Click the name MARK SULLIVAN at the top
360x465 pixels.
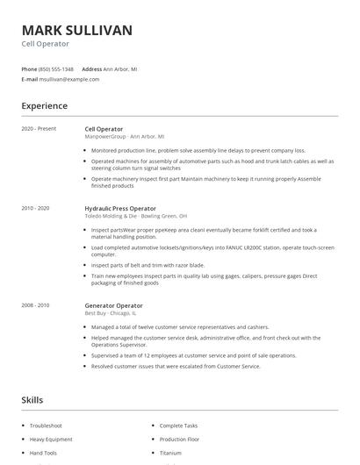(x=77, y=30)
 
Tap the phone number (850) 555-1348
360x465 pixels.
(x=56, y=68)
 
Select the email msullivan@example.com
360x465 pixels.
(x=69, y=79)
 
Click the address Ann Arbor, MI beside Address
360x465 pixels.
(x=120, y=68)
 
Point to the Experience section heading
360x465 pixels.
(x=44, y=106)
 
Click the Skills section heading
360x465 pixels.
(x=32, y=400)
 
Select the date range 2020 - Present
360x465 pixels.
(x=39, y=129)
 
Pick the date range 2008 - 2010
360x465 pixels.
(x=36, y=304)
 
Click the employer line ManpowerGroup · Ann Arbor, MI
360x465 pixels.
(x=124, y=137)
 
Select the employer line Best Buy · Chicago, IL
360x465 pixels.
(x=110, y=312)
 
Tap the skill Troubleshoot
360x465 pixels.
(x=46, y=426)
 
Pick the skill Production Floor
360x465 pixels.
(x=180, y=439)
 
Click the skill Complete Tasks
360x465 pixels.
(x=178, y=426)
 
